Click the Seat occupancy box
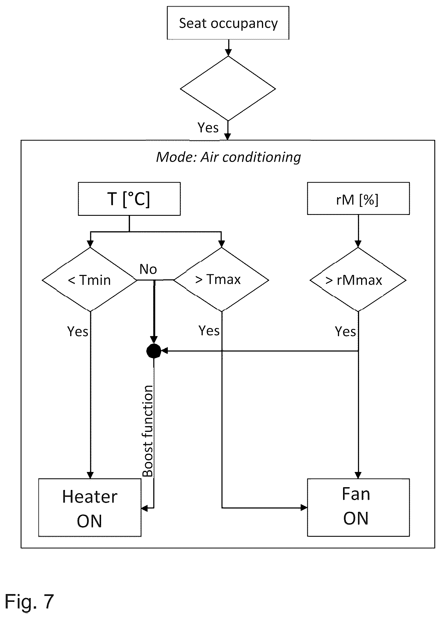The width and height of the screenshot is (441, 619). (x=228, y=23)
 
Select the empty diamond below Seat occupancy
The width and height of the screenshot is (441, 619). (x=228, y=88)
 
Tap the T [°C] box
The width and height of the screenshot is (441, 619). (x=129, y=199)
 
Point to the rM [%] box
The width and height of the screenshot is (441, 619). (x=358, y=198)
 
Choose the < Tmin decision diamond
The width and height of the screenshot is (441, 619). (x=90, y=279)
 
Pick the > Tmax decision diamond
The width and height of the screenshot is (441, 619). (x=221, y=279)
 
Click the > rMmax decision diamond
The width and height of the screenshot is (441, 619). (x=358, y=279)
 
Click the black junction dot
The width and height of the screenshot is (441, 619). (x=154, y=351)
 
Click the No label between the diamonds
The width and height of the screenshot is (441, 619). (x=148, y=269)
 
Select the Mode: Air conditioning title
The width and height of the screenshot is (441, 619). (x=228, y=157)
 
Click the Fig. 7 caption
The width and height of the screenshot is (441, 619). (x=29, y=601)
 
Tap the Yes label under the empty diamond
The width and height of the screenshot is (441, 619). (x=208, y=128)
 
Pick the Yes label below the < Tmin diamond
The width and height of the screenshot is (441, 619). (x=78, y=331)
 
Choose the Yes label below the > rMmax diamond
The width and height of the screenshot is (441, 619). (x=345, y=332)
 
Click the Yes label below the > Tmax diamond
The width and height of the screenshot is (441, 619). (x=209, y=331)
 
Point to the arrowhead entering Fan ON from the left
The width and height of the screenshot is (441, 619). (x=304, y=508)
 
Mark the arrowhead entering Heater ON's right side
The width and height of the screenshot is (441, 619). (x=145, y=508)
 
